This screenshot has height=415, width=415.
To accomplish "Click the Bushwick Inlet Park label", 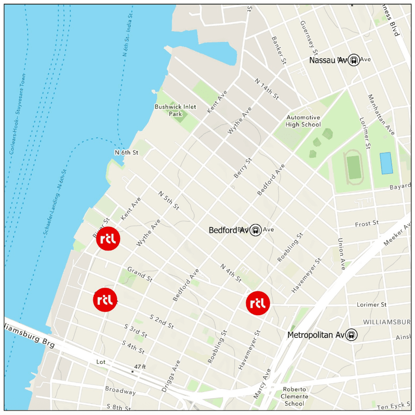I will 175,110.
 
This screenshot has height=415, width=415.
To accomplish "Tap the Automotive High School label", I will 303,121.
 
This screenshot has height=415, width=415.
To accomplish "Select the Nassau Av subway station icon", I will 353,60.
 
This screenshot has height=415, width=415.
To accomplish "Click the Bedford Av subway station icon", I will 256,230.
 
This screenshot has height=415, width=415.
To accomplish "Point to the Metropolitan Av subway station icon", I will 351,335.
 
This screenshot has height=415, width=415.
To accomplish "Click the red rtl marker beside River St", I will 108,238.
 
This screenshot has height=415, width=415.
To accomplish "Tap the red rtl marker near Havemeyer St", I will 258,303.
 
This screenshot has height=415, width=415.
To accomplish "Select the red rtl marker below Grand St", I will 106,300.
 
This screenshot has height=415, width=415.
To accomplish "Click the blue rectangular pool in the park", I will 386,163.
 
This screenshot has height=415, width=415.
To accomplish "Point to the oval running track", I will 353,168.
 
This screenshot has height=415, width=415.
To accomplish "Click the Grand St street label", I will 140,274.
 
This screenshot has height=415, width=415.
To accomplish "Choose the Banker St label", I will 278,50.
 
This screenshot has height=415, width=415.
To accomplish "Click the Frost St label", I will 367,224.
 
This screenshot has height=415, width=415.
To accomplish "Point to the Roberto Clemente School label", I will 295,396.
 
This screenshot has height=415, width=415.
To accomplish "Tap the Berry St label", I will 242,168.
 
